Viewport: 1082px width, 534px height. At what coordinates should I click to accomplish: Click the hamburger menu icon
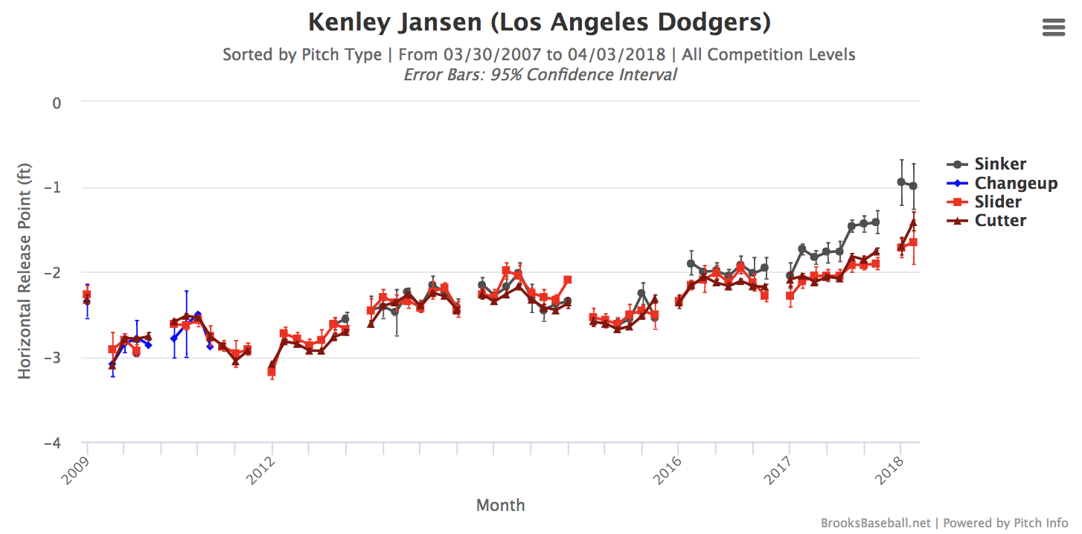(x=1054, y=28)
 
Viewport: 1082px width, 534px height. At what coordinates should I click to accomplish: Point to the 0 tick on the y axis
(x=56, y=103)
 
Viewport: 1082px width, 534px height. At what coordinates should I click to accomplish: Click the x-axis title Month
(x=500, y=506)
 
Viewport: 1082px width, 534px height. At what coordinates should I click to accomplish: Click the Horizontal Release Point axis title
(x=25, y=271)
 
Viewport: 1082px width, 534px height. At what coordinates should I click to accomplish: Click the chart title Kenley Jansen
(x=540, y=22)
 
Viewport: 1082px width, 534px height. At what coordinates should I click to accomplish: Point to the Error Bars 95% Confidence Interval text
(x=540, y=75)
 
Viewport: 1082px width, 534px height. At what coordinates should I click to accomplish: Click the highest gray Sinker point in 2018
(x=901, y=181)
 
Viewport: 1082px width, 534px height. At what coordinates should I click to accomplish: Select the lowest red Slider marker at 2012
(x=272, y=371)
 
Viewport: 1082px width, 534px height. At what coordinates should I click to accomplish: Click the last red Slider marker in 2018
(x=913, y=242)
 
